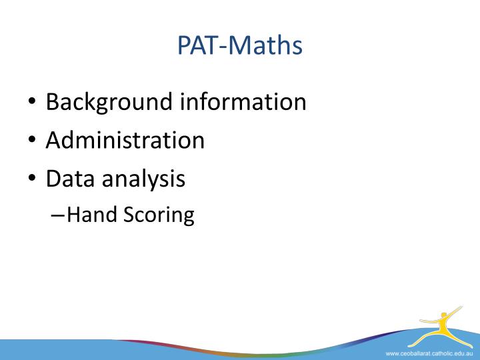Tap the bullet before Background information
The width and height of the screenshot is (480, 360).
coord(32,103)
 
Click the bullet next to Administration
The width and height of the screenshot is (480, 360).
coord(32,141)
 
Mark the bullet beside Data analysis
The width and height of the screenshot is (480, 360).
coord(32,180)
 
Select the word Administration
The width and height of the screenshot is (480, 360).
coord(125,140)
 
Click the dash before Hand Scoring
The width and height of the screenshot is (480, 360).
coord(58,215)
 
